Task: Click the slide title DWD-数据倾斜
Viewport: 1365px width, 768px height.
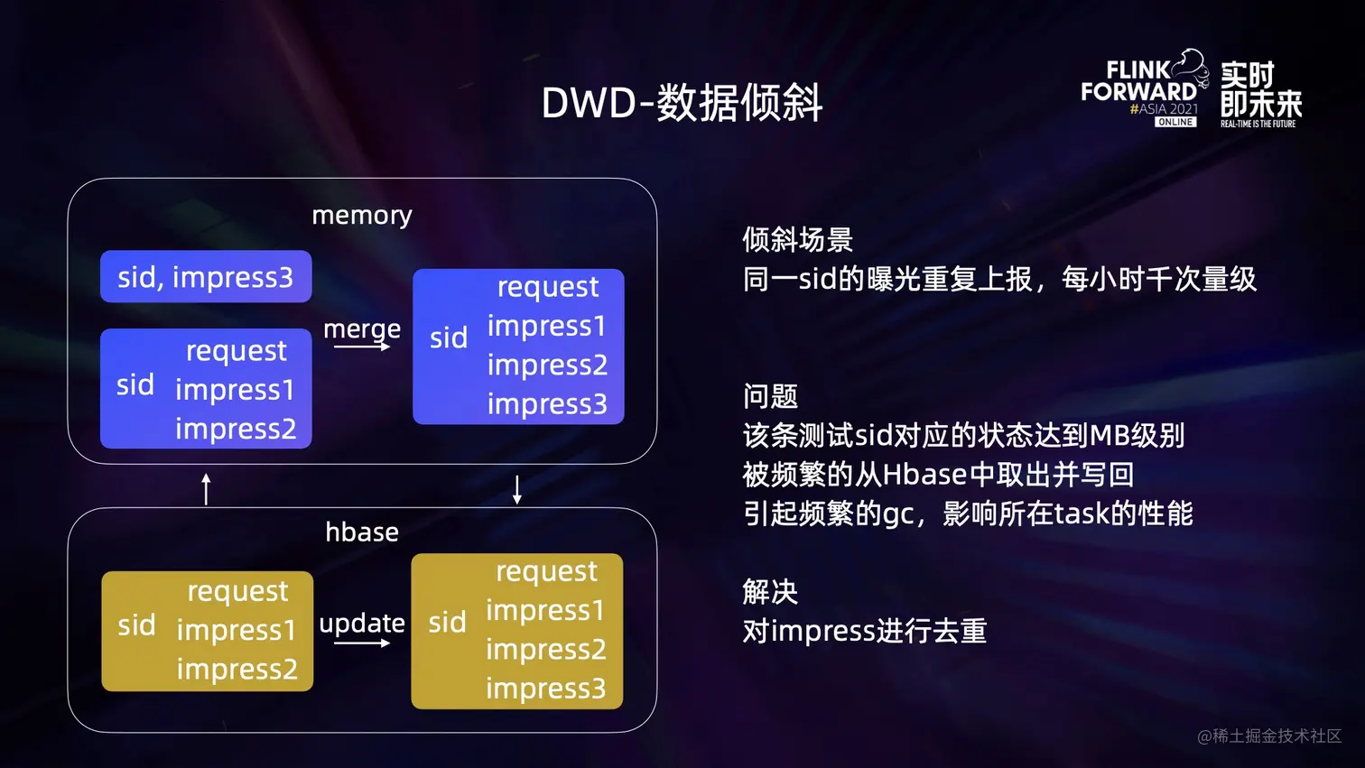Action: tap(682, 103)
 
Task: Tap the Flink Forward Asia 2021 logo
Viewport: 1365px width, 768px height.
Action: tap(1144, 88)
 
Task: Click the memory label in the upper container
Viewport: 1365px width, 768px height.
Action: tap(361, 215)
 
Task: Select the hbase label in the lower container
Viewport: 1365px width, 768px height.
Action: tap(361, 532)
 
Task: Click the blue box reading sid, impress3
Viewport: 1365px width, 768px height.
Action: tap(206, 277)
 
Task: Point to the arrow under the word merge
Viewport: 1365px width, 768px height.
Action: tap(362, 347)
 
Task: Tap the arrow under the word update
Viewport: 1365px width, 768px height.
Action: tap(361, 643)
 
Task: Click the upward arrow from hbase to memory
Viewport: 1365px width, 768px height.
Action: tap(206, 488)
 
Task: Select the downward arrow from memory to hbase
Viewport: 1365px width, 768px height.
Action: tap(517, 488)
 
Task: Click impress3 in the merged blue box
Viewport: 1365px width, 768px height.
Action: tap(547, 404)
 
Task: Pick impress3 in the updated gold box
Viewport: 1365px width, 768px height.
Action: tap(545, 689)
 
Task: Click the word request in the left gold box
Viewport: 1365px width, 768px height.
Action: tap(237, 591)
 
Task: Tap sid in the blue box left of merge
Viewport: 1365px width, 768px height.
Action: tap(135, 385)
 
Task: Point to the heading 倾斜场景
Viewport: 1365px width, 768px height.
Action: tap(797, 239)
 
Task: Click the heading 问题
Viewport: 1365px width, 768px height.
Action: tap(770, 396)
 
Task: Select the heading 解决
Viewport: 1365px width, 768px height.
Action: tap(770, 592)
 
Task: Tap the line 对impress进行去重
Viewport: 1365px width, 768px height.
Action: tap(864, 631)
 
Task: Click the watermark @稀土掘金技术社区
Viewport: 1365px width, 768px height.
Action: tap(1268, 736)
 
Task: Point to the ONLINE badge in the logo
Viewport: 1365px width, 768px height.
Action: tap(1175, 122)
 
